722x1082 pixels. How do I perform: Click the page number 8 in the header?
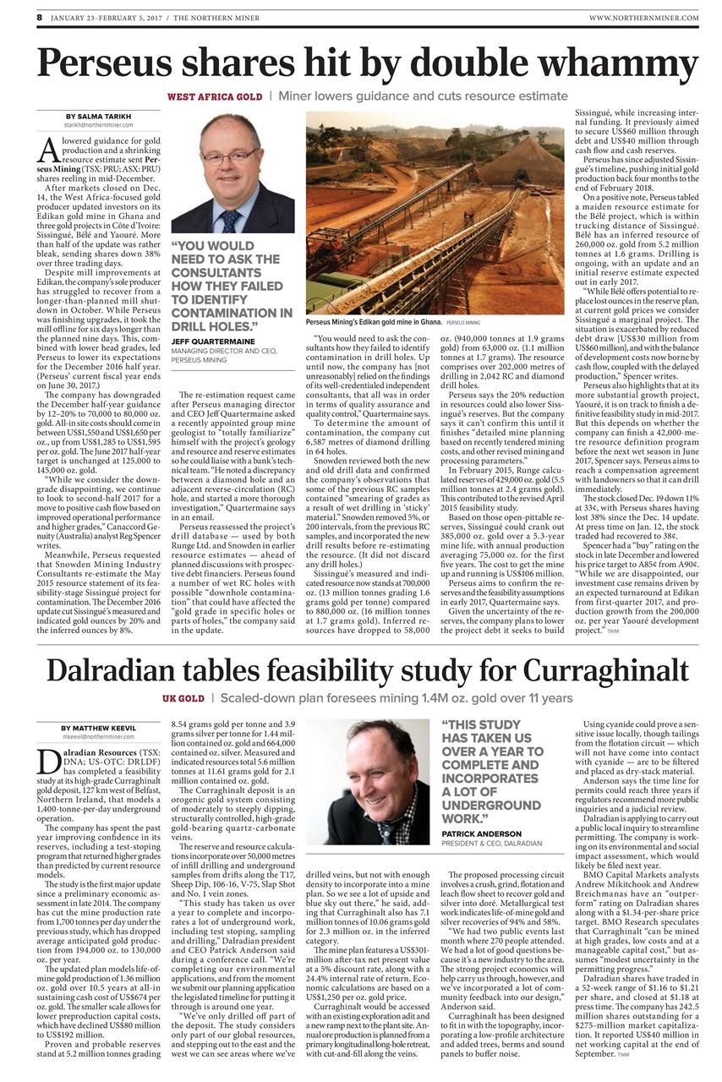click(38, 16)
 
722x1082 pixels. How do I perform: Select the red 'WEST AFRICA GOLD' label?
click(215, 97)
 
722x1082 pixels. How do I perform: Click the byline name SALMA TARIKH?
click(96, 116)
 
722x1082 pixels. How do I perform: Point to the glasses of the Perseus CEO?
click(229, 155)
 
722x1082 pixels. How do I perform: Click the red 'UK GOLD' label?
click(183, 699)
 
